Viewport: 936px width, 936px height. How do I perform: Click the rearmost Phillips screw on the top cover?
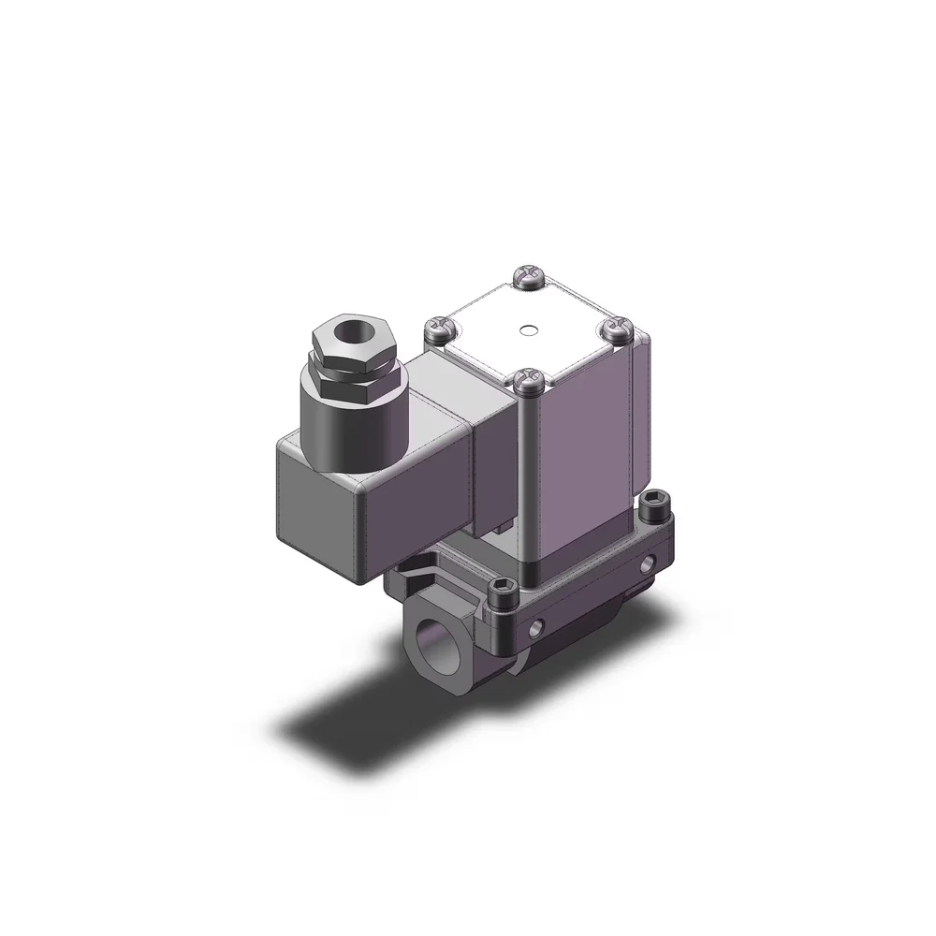(526, 275)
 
